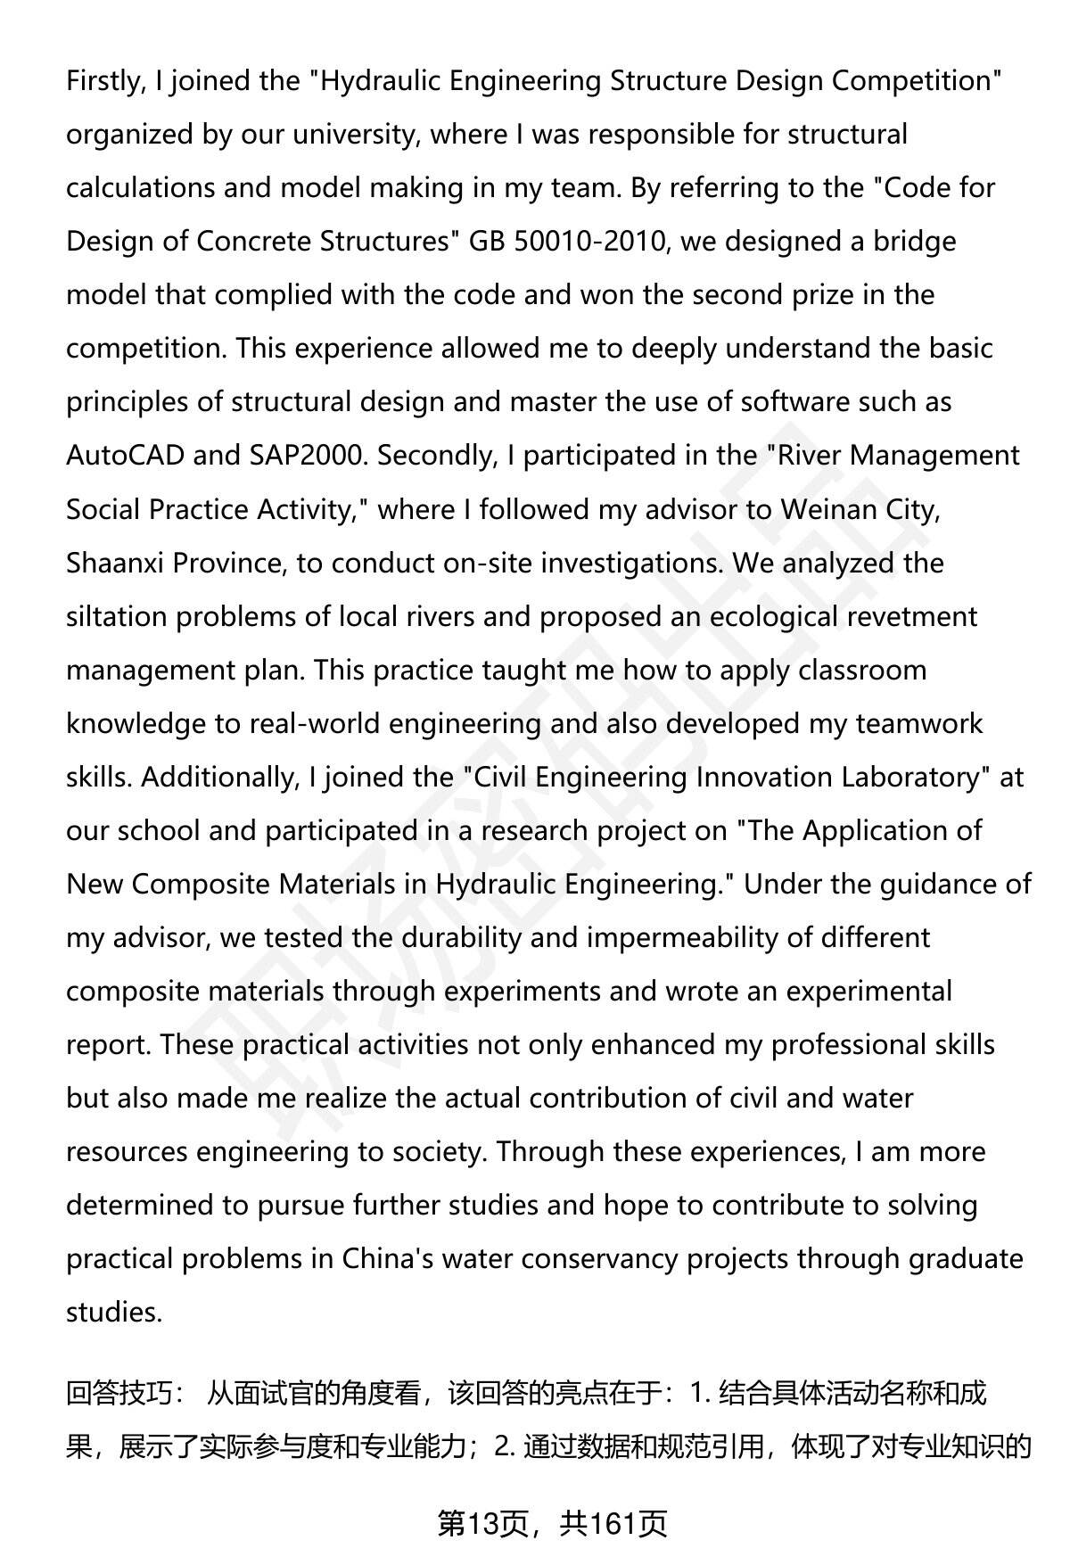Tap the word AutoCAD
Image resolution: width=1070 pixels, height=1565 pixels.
[x=125, y=456]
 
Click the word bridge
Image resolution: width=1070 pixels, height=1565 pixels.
[x=913, y=242]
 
